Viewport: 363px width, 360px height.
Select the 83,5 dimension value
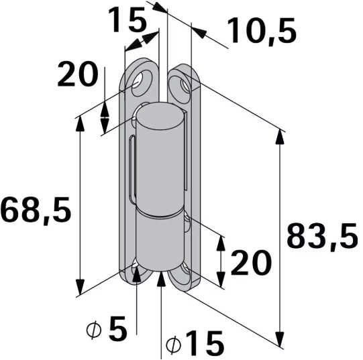click(322, 236)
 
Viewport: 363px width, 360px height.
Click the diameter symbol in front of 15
click(172, 345)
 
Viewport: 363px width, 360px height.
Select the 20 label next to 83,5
click(250, 263)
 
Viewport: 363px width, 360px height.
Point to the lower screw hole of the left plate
click(138, 271)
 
